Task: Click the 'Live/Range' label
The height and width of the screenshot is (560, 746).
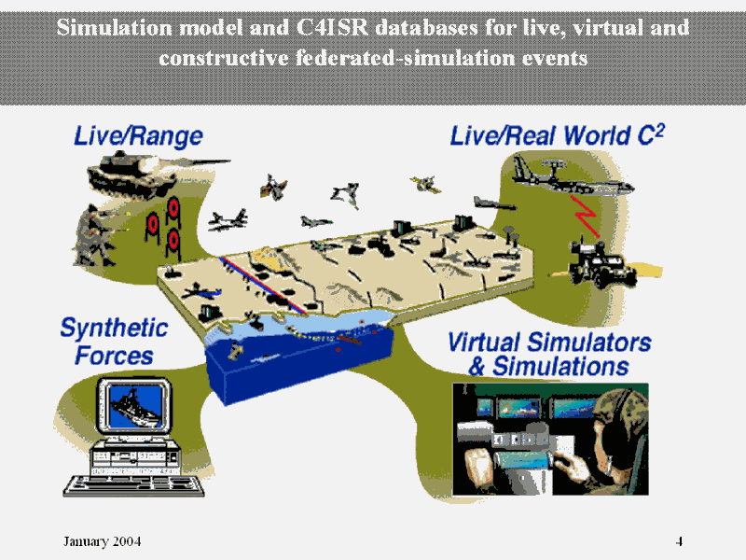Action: [x=138, y=136]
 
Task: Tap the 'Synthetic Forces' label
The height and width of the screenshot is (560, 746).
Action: [x=114, y=342]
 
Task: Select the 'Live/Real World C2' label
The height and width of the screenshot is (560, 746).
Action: [x=557, y=135]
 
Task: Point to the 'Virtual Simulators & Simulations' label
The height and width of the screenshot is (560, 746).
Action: [x=549, y=355]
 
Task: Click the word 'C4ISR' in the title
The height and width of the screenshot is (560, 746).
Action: [x=332, y=28]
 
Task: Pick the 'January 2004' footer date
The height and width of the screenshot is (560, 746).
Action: [x=103, y=541]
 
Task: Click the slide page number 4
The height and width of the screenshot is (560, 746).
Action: [x=680, y=541]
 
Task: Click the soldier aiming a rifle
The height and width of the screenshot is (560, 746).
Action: [x=97, y=235]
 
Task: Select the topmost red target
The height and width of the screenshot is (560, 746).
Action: [x=173, y=208]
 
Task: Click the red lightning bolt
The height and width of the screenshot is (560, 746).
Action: [x=587, y=217]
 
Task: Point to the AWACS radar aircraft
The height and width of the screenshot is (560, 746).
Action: [x=571, y=178]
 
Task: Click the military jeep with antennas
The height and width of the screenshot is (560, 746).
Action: [x=602, y=265]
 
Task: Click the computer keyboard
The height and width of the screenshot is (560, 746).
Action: [x=134, y=486]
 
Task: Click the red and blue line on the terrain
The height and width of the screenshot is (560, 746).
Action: [x=263, y=286]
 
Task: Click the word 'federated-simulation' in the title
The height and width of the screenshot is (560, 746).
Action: [x=405, y=58]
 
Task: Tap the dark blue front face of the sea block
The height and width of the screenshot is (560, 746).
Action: [x=299, y=376]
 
